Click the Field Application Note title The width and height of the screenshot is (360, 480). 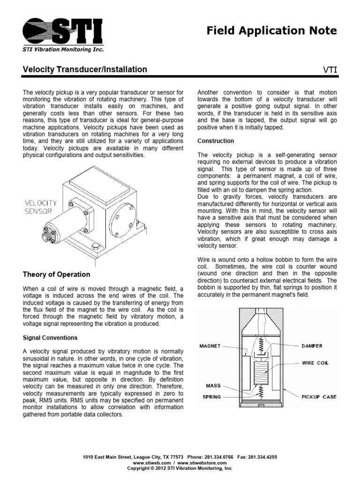point(271,31)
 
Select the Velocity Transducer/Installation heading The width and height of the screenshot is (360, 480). point(85,70)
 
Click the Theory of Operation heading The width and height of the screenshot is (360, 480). point(56,274)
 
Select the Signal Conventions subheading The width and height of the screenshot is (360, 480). point(50,337)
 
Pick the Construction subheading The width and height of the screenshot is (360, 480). point(216,141)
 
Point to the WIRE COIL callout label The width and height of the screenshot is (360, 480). point(315,363)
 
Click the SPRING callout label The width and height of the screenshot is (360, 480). point(211,397)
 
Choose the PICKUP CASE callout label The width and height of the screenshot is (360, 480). point(319,397)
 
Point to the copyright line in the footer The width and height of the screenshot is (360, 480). point(180,468)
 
